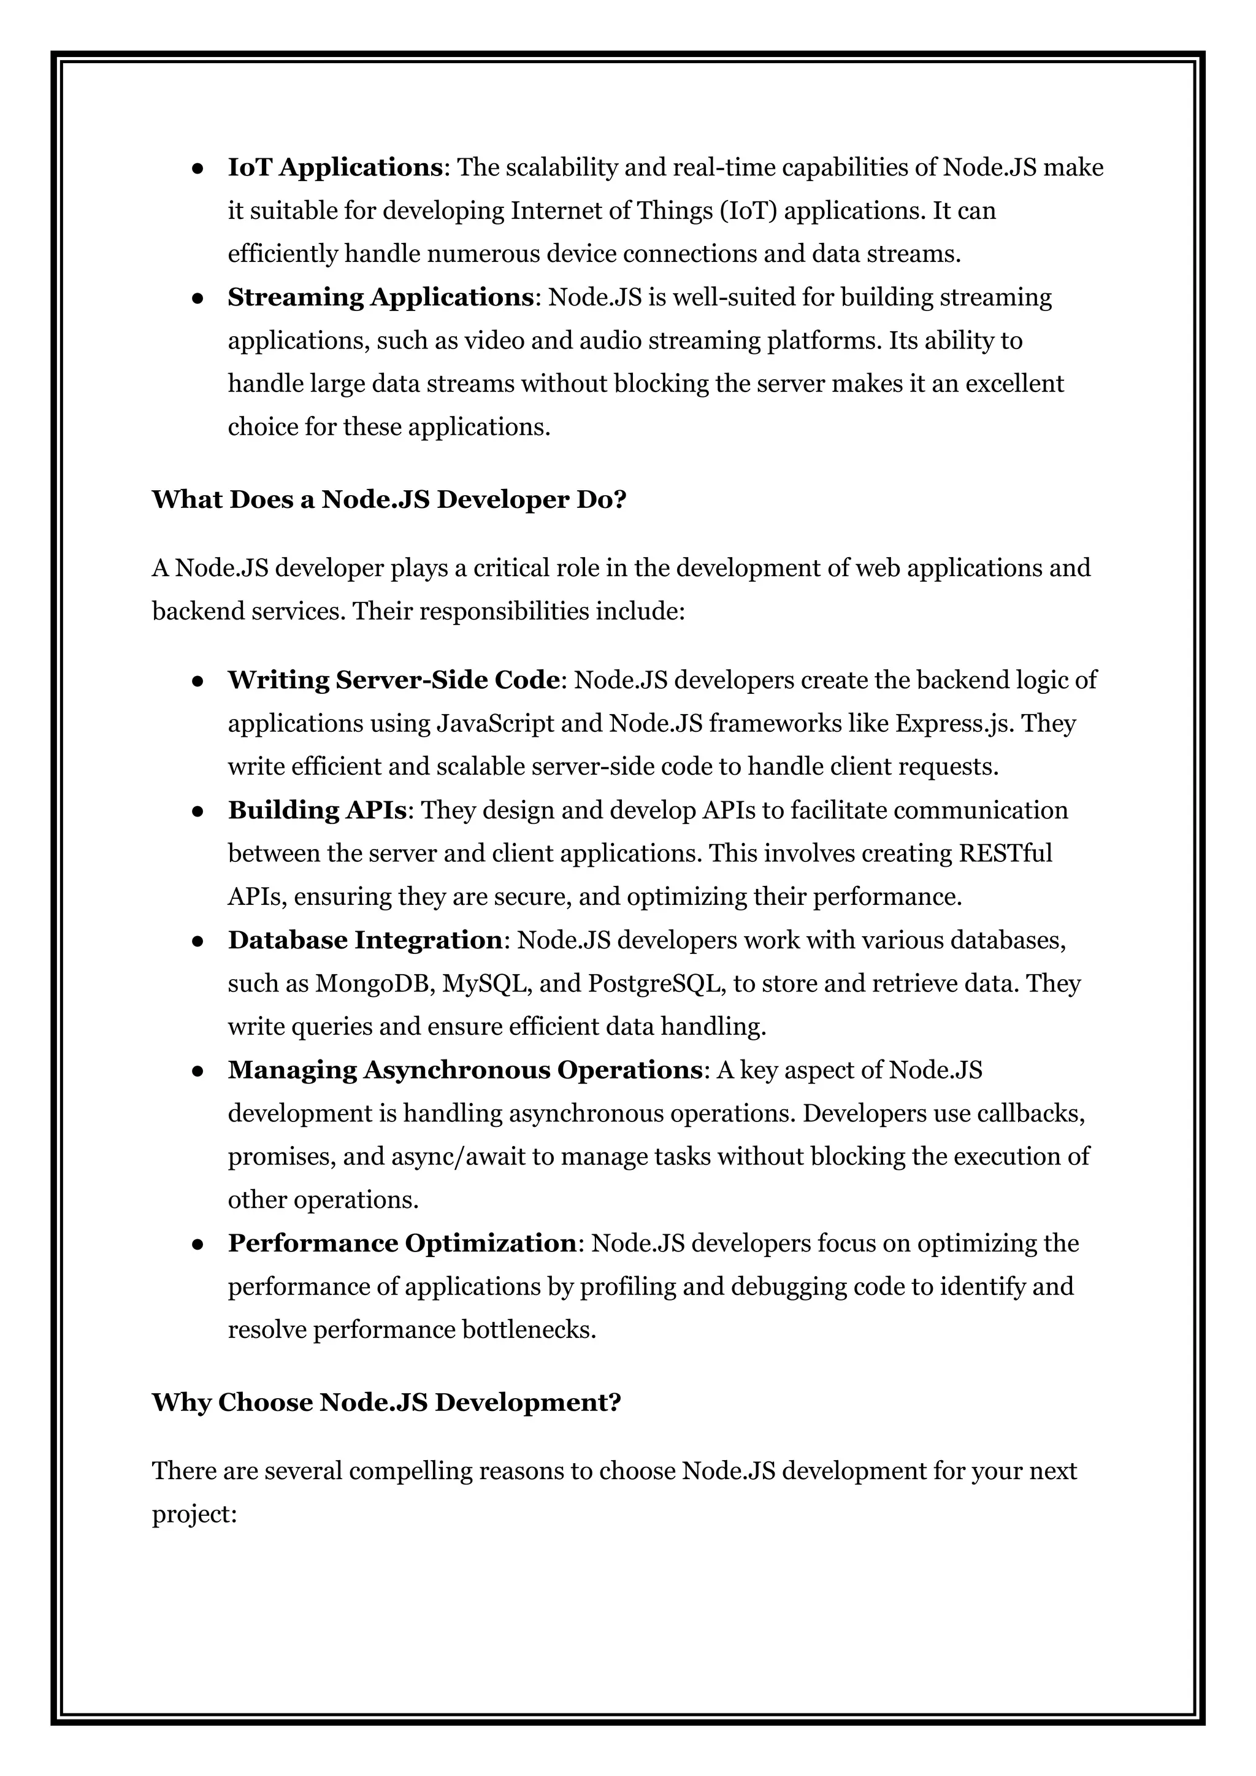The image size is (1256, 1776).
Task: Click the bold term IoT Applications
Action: click(x=334, y=167)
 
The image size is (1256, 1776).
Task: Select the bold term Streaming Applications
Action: click(x=380, y=297)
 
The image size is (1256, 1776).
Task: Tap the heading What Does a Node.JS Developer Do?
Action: click(x=388, y=500)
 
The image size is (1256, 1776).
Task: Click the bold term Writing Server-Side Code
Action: click(x=394, y=680)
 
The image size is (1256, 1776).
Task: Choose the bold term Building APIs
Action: click(x=317, y=810)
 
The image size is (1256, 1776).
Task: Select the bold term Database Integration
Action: click(x=365, y=940)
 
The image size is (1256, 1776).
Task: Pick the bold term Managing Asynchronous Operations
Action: click(x=465, y=1070)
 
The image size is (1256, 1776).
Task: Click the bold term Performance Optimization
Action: click(x=402, y=1243)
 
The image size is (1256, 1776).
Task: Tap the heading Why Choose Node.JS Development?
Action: click(x=386, y=1402)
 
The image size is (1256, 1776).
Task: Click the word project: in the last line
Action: click(x=193, y=1514)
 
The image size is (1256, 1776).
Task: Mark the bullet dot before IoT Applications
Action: click(x=198, y=169)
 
